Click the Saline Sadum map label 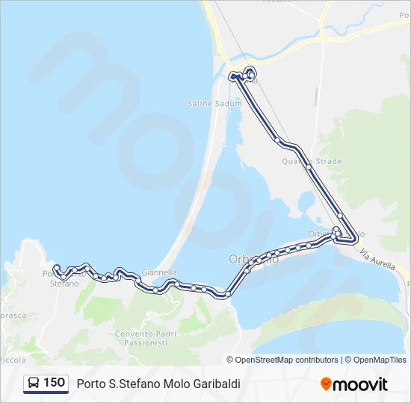click(214, 104)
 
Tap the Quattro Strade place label click(312, 161)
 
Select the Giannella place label click(158, 272)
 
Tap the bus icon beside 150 click(33, 383)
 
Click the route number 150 click(54, 383)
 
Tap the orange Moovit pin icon click(326, 384)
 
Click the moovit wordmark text click(360, 384)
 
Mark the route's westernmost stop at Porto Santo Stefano click(57, 267)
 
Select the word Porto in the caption click(90, 384)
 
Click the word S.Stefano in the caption click(132, 384)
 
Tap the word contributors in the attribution click(316, 360)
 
